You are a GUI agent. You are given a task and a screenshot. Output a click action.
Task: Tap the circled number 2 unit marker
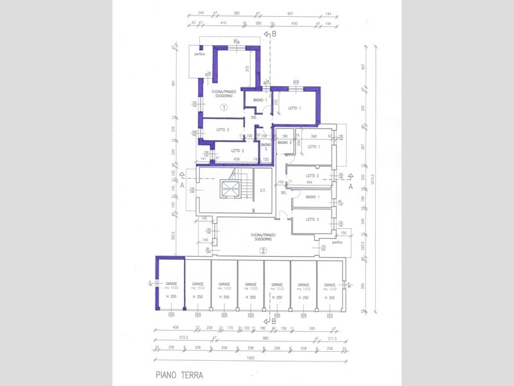coord(263,250)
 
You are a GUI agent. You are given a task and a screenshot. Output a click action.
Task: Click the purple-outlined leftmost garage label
coord(171,284)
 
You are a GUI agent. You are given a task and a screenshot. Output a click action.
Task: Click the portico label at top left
coord(200,54)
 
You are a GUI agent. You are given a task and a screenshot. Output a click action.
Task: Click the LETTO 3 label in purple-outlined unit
coord(223,130)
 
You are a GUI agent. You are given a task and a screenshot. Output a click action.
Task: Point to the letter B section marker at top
coord(274,33)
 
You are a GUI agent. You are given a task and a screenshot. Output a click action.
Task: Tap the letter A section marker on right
coord(351,185)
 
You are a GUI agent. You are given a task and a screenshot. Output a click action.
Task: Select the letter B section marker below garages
coord(274,321)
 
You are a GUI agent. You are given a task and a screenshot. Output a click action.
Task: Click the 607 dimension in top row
coord(290,13)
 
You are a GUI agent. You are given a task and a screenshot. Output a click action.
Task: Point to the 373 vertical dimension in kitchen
coord(247,69)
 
